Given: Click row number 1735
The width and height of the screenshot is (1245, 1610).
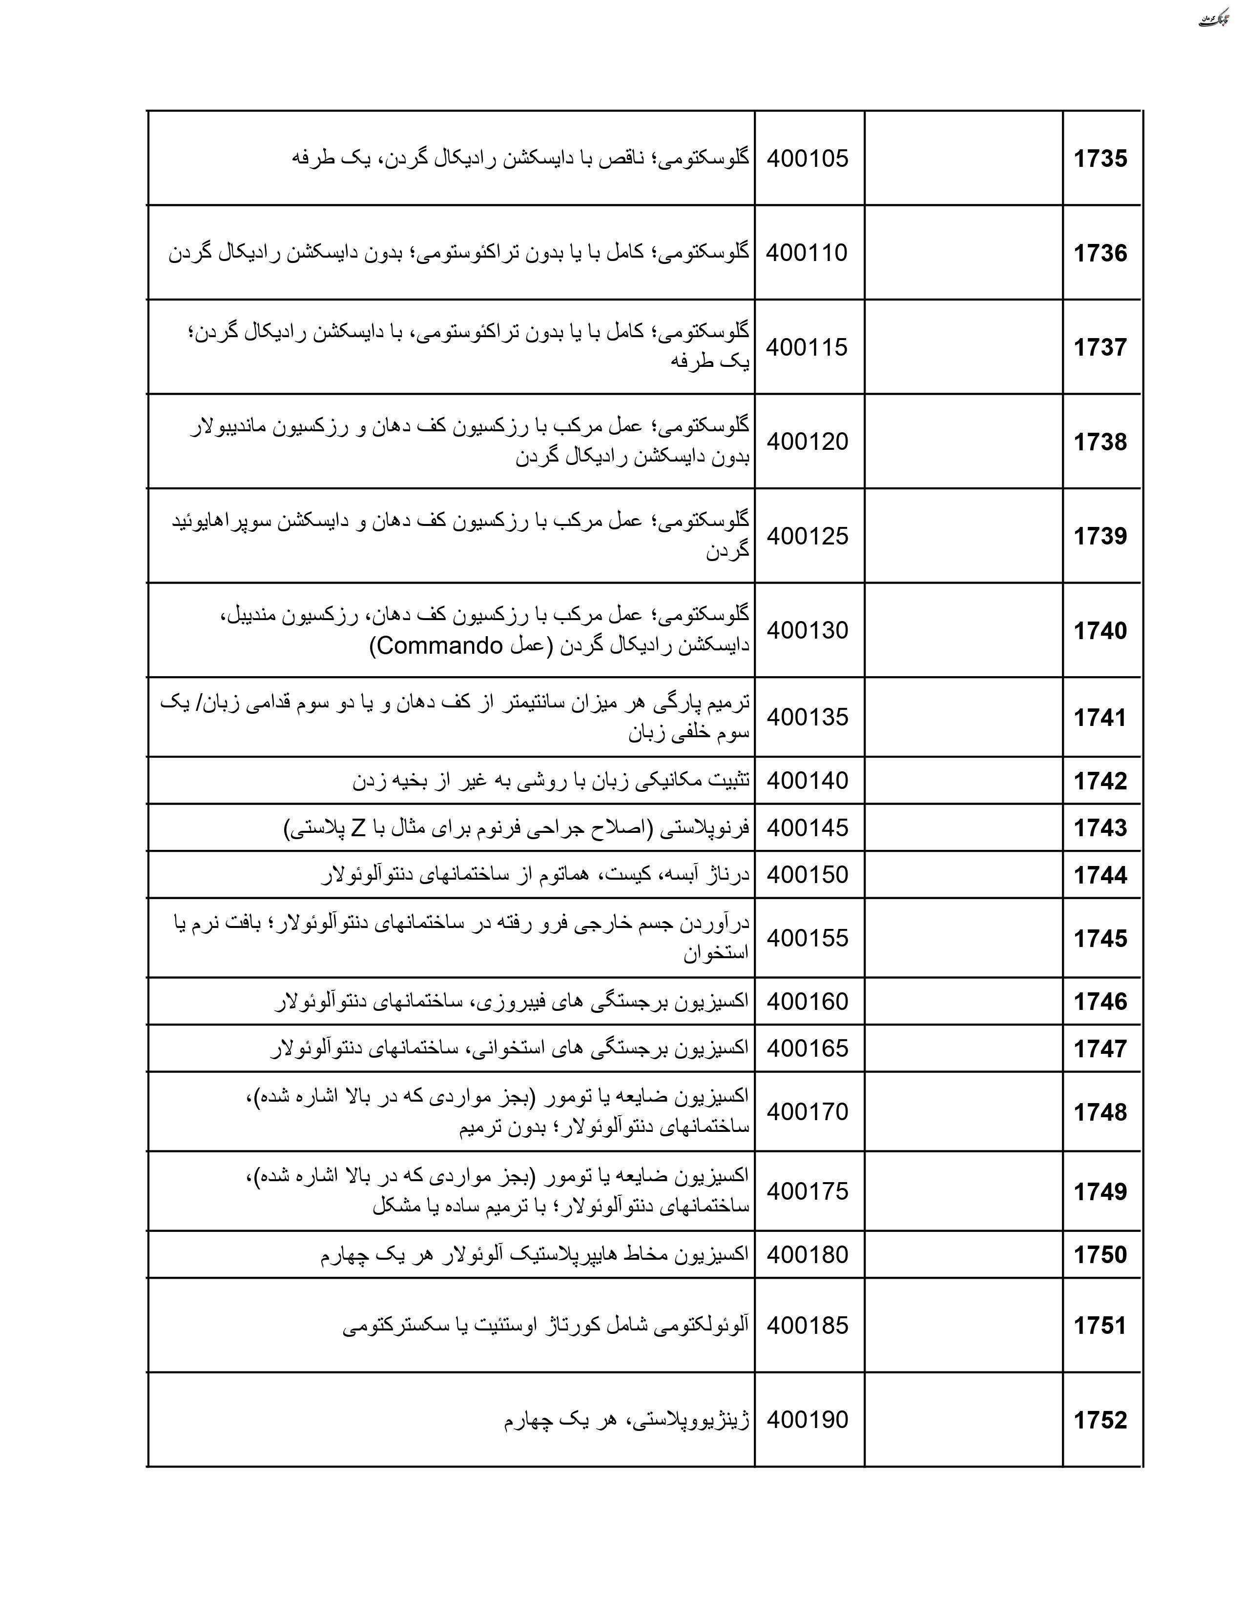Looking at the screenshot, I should [x=1100, y=159].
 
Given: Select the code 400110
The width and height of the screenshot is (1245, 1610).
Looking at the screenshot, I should [x=807, y=253].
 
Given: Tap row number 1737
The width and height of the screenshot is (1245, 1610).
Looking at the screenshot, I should [x=1100, y=347].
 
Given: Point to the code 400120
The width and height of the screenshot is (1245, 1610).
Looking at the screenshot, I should [x=807, y=442].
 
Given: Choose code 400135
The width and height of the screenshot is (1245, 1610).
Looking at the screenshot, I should [x=807, y=717].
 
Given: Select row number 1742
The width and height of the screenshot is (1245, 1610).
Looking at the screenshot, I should [x=1100, y=781].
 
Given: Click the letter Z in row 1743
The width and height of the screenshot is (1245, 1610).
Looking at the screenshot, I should [x=358, y=828].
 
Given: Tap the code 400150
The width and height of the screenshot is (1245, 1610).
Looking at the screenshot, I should [x=807, y=875].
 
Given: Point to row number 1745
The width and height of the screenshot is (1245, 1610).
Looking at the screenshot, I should [x=1100, y=938].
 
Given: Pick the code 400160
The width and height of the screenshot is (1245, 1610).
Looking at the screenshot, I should [x=807, y=1001].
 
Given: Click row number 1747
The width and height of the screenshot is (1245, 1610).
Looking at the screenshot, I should [x=1100, y=1048].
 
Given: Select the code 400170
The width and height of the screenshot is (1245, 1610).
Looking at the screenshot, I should [x=807, y=1112].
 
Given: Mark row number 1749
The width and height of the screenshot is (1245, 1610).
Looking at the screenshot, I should [x=1100, y=1191].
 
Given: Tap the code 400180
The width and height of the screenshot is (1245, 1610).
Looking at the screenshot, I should [x=807, y=1255].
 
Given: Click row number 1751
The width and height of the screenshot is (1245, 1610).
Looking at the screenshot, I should [x=1100, y=1326].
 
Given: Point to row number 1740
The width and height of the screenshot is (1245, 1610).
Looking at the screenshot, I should [x=1100, y=631].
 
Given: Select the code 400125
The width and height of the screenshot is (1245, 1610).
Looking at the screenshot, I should [x=807, y=536].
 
